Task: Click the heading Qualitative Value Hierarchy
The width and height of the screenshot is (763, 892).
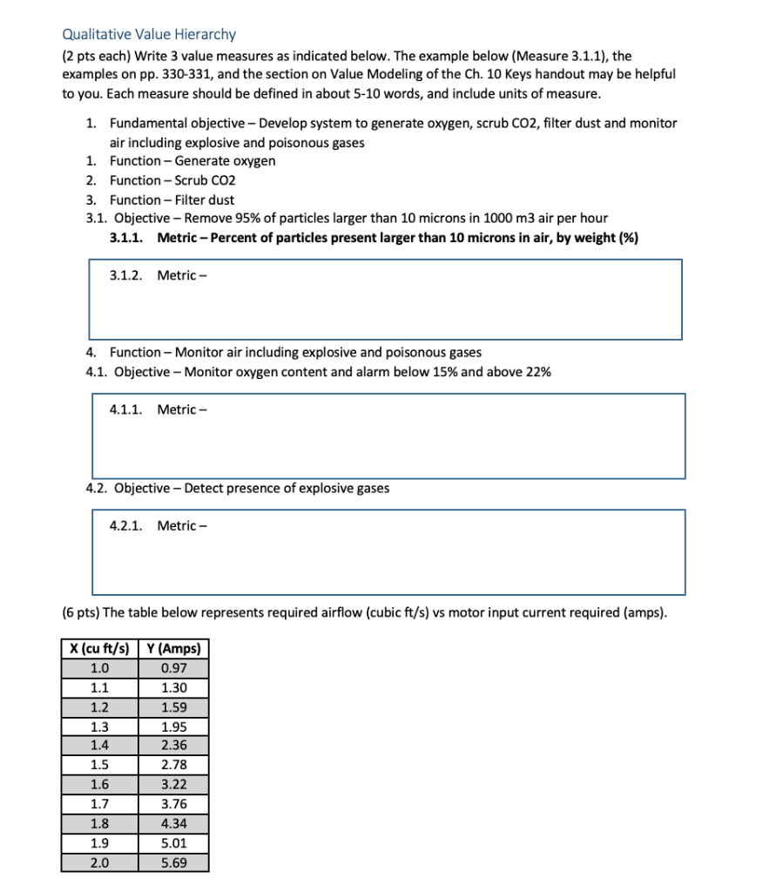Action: coord(149,35)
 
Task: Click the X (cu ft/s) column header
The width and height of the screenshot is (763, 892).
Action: coord(100,649)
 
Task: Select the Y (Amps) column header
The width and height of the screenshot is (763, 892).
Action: coord(174,649)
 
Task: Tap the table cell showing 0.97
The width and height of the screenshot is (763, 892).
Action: coord(174,668)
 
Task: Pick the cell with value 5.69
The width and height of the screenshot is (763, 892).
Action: coord(174,863)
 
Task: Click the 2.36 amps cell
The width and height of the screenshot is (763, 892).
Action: coord(174,746)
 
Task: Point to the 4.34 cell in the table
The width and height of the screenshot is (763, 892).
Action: coord(174,824)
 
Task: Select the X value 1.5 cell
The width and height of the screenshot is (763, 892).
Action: coord(100,765)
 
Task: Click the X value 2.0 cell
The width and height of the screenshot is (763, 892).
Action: coord(100,863)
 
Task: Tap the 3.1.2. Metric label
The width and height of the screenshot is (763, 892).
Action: coord(159,275)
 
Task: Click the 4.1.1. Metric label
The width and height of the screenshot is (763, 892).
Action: coord(159,409)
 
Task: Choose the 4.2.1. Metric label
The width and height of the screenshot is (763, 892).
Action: coord(159,525)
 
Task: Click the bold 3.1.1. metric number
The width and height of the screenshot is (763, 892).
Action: coord(128,238)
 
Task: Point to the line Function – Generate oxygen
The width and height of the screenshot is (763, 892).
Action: coord(192,161)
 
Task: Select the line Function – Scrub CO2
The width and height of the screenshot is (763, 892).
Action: coord(172,180)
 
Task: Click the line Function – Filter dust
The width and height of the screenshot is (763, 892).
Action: coord(172,199)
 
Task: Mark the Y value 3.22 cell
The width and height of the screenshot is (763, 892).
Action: coord(174,785)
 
